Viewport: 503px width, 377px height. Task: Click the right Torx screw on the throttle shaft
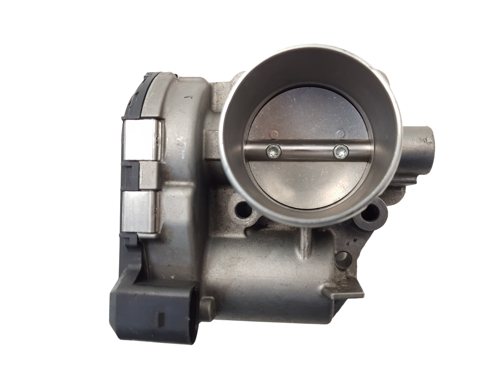340,151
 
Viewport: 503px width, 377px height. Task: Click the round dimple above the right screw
340,134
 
